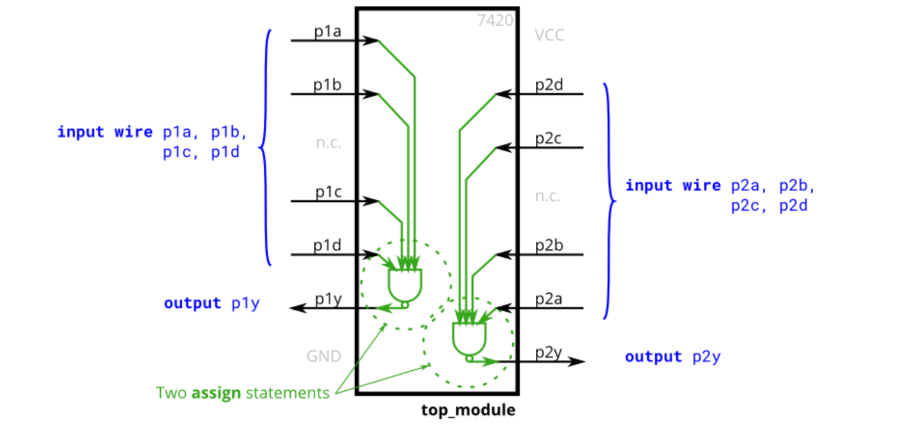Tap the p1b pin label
(327, 85)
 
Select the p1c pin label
(327, 192)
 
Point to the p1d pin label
(327, 246)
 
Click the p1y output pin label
(327, 299)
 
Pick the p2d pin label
(549, 85)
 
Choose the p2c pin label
(549, 139)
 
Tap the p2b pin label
(549, 246)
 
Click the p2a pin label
(549, 299)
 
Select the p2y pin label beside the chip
(549, 352)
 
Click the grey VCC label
(549, 35)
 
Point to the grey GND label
(324, 356)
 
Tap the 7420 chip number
(495, 21)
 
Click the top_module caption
(468, 410)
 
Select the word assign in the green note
(216, 392)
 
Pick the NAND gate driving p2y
(470, 339)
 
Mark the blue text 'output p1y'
(212, 303)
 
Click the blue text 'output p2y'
(672, 357)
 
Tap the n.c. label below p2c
(547, 196)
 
